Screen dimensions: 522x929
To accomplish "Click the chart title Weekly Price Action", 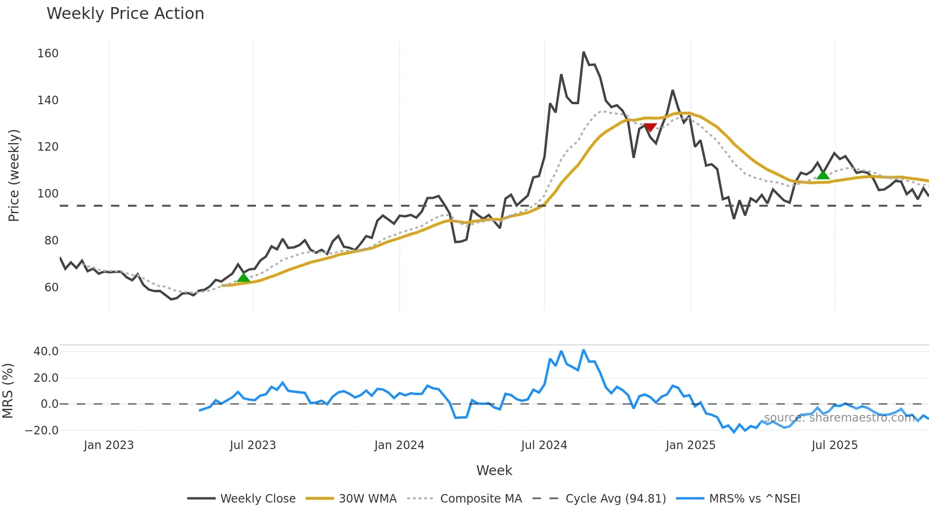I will (x=125, y=14).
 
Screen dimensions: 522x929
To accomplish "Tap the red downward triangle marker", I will (x=650, y=127).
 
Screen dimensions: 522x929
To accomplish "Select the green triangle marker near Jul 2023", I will (x=243, y=277).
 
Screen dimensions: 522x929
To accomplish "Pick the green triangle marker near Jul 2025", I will (x=823, y=174).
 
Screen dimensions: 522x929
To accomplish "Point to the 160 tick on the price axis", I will (x=48, y=54).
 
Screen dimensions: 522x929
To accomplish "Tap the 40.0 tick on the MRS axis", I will (x=46, y=351).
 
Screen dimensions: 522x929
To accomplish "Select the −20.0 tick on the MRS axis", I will (x=42, y=431).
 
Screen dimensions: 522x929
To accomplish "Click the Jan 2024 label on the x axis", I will (x=399, y=445).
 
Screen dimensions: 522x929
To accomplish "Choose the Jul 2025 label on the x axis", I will (x=834, y=445).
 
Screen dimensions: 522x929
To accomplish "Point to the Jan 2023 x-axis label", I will (x=109, y=445).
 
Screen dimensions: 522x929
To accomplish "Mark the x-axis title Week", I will (x=494, y=470).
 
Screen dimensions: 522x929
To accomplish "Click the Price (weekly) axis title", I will (x=14, y=175).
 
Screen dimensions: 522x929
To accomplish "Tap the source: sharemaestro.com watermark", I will (x=839, y=418).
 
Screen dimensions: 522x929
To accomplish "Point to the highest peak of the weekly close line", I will (x=583, y=52).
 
